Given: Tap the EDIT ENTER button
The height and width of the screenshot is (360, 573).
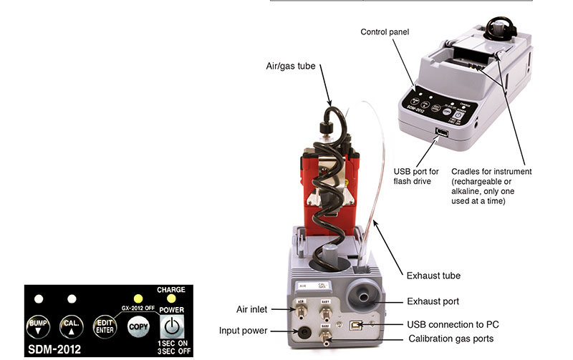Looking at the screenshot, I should [105, 326].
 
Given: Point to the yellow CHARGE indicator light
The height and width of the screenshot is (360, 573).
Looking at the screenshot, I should [170, 298].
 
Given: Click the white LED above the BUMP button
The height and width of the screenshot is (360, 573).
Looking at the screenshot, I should [38, 298].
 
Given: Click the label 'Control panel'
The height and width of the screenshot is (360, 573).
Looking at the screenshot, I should [385, 32].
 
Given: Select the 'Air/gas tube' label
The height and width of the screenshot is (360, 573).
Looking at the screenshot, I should [293, 67].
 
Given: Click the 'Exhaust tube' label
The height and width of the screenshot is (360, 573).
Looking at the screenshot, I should [433, 275].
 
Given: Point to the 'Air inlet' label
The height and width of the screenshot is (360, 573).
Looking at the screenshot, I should [251, 309].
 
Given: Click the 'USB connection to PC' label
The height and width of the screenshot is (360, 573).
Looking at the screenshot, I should [452, 324].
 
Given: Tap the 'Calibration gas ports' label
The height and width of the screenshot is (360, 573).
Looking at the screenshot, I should [450, 338].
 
